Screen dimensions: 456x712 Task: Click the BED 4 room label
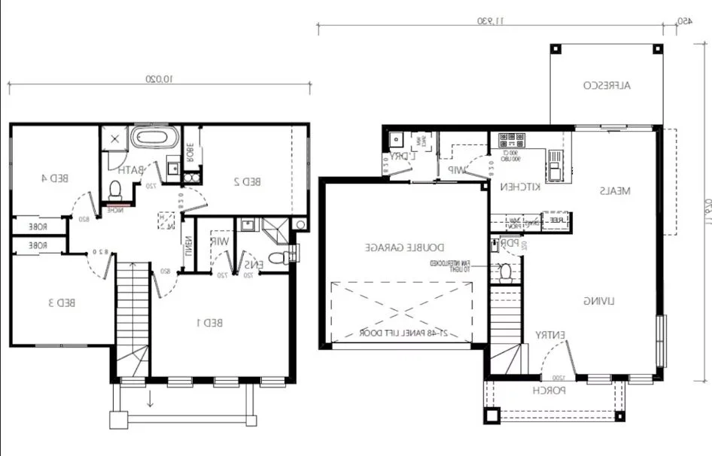point(54,178)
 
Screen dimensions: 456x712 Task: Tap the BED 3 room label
point(62,302)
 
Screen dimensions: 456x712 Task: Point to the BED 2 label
point(247,181)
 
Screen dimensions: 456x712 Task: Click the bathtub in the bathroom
point(155,138)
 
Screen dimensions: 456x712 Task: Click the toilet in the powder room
point(506,271)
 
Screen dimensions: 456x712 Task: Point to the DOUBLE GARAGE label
point(406,247)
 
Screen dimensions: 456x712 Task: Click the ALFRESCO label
point(607,86)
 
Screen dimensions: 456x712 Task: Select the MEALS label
point(615,191)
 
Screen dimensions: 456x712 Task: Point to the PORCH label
point(548,391)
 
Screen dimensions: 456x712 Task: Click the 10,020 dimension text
point(159,78)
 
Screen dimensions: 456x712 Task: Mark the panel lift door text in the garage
point(403,332)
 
